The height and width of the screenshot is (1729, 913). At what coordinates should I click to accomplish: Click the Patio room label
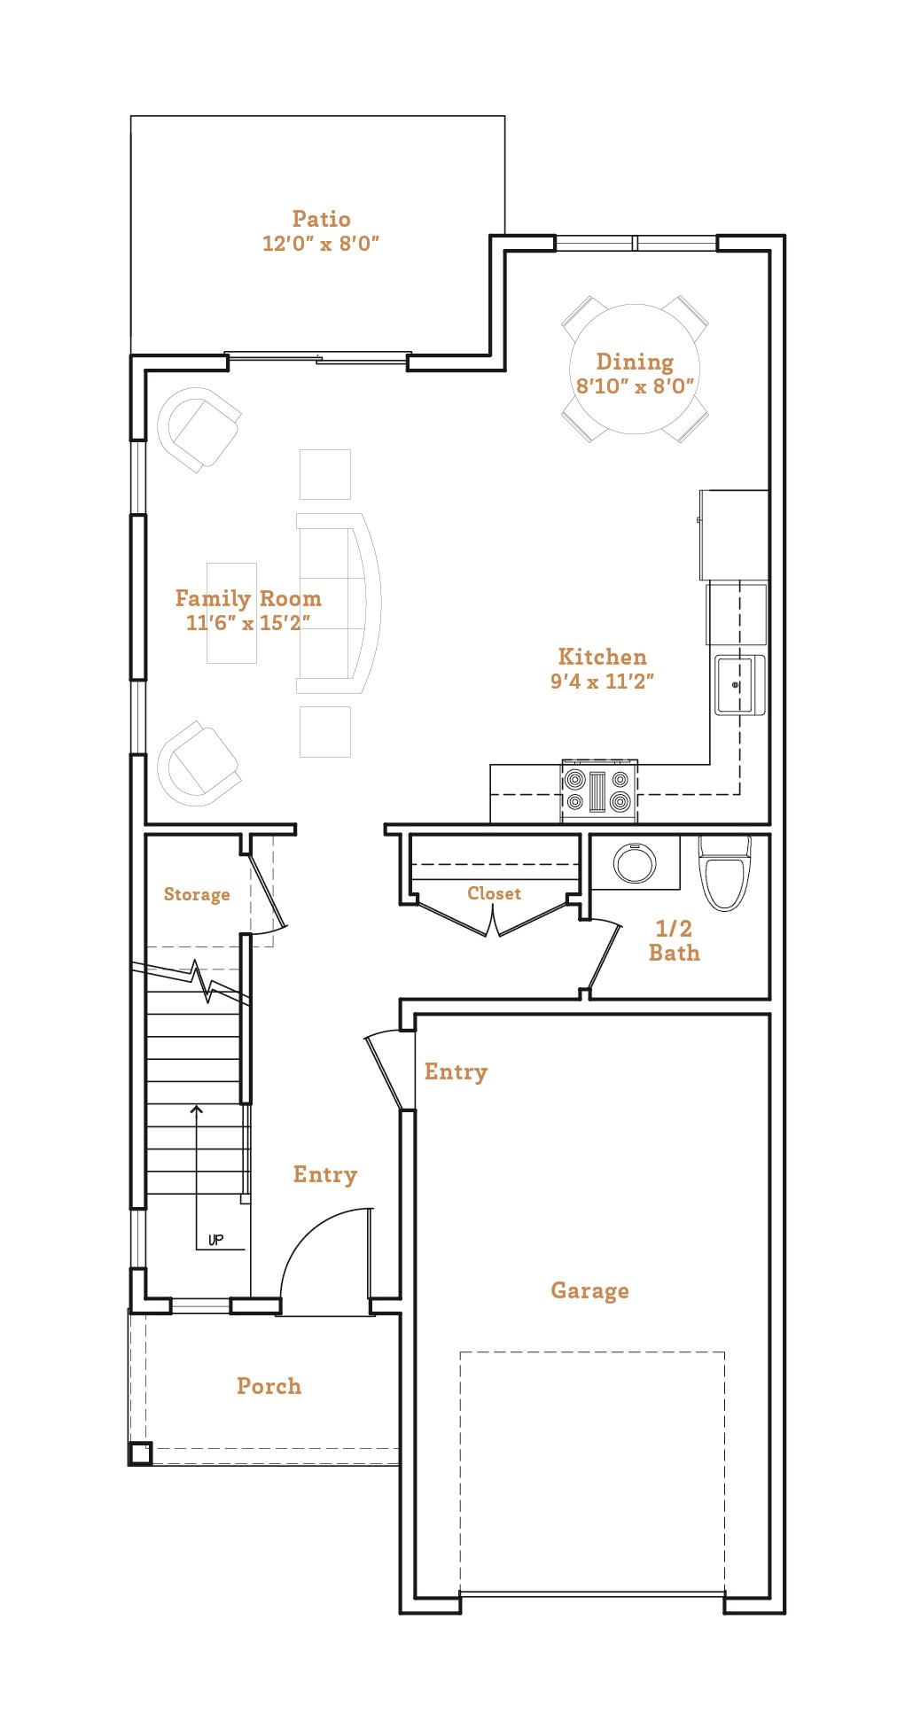click(321, 219)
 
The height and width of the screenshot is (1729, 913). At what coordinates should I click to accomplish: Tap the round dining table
click(634, 370)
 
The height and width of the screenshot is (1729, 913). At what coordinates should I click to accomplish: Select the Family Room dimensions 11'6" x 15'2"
click(247, 623)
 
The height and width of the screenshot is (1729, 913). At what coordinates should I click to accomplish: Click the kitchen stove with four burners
click(598, 791)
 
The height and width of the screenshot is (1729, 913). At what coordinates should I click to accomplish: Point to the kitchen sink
click(737, 684)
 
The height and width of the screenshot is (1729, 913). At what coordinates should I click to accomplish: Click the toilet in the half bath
click(724, 877)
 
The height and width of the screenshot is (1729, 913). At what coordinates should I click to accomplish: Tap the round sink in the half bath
click(635, 862)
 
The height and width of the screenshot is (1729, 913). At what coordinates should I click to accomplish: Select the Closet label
click(494, 893)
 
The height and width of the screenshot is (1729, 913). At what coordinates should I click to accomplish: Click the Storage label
click(197, 894)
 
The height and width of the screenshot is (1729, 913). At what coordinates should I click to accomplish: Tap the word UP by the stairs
click(215, 1240)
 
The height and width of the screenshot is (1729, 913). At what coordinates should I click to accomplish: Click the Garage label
click(589, 1290)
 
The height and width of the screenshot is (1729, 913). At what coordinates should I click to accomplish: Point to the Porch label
click(269, 1386)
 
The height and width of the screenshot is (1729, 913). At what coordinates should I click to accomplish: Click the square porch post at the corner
click(141, 1453)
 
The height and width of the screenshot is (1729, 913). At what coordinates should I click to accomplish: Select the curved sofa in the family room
click(341, 604)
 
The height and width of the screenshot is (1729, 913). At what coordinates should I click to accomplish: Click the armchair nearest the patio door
click(200, 430)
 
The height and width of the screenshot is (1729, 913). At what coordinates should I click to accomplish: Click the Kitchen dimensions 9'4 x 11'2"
click(602, 681)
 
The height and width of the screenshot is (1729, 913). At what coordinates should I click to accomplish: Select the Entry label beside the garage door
click(456, 1071)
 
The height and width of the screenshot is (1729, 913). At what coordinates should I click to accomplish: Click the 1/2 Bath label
click(674, 940)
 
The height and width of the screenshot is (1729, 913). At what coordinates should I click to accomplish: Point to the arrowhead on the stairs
click(197, 1109)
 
